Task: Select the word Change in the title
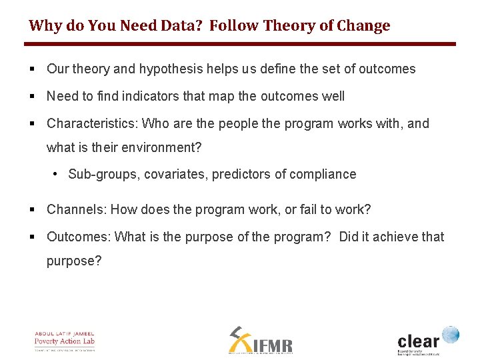(x=363, y=26)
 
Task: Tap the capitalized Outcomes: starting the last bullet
(x=79, y=237)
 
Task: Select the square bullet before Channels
(x=33, y=210)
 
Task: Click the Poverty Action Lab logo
(x=65, y=341)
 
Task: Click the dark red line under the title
(x=240, y=44)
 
